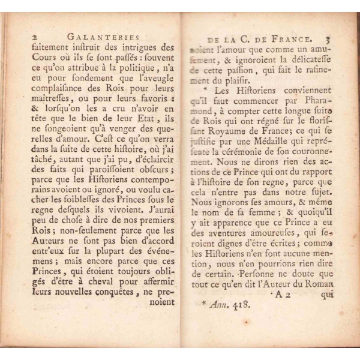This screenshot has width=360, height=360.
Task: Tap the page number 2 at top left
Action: pos(35,36)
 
